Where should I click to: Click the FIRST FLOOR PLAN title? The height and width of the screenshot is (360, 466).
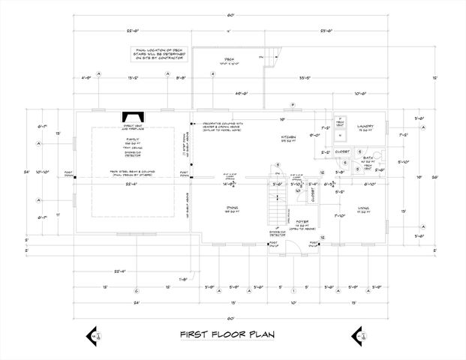pyautogui.click(x=226, y=334)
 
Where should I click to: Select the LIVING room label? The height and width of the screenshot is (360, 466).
pyautogui.click(x=362, y=210)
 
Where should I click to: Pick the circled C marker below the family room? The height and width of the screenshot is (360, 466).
pyautogui.click(x=136, y=290)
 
